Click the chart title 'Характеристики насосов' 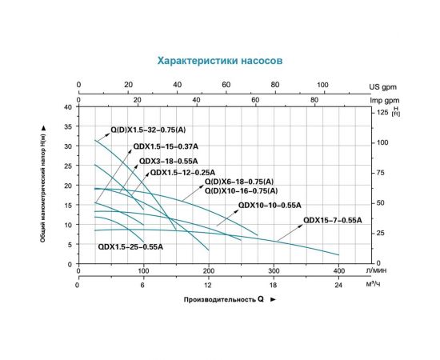pos(220,61)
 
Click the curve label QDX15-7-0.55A pos(333,219)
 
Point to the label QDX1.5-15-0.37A pos(166,147)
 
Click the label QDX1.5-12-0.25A pos(182,172)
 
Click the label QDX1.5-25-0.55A pos(130,247)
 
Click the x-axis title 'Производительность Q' pos(226,299)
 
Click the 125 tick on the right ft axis pos(382,113)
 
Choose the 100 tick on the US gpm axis pos(322,83)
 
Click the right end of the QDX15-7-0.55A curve pos(338,255)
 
